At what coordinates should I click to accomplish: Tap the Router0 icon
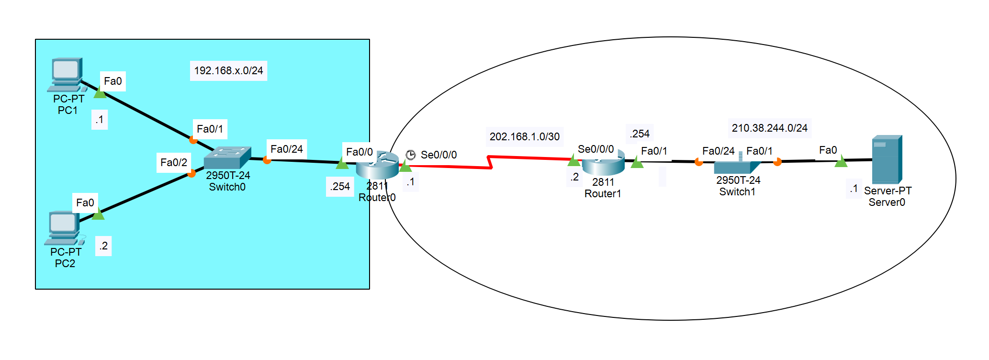pos(377,165)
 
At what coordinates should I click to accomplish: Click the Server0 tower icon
pos(887,159)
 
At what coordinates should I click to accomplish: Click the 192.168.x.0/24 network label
pos(228,71)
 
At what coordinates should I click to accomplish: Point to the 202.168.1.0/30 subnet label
pos(524,137)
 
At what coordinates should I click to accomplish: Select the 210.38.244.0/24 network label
pos(769,128)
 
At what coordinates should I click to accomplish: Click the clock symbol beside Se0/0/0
pos(411,155)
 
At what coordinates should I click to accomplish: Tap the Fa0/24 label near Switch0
pos(286,149)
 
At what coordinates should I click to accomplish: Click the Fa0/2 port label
pos(174,163)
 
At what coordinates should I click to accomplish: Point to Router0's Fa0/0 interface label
pos(359,152)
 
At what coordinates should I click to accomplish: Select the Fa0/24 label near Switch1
pos(718,151)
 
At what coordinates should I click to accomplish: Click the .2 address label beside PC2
pos(103,246)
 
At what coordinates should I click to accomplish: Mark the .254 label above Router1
pos(640,134)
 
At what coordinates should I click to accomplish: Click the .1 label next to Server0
pos(854,189)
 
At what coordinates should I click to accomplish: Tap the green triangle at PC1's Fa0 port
pos(100,93)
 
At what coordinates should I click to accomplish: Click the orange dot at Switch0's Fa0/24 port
pos(267,160)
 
